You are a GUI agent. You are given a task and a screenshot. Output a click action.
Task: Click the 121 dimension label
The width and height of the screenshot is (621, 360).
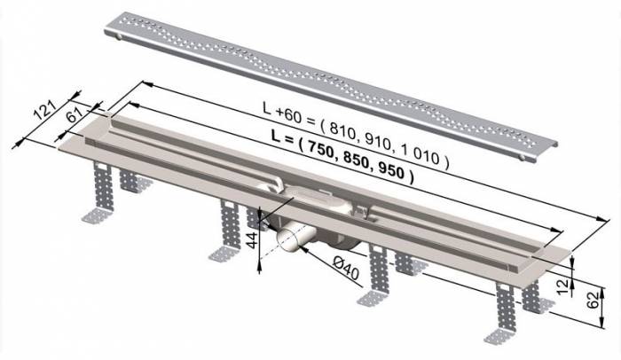44,110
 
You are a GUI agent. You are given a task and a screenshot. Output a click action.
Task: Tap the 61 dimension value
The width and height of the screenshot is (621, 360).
75,116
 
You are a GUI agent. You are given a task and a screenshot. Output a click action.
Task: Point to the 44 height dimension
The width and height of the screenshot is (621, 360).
251,239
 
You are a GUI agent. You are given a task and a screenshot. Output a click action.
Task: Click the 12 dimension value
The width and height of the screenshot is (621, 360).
562,284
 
